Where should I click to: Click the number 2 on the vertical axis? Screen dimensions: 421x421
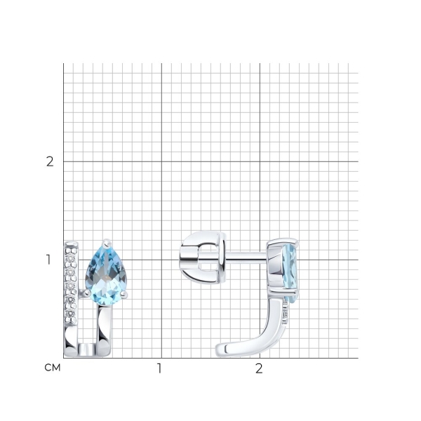50,161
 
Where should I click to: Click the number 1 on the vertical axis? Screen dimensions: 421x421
48,260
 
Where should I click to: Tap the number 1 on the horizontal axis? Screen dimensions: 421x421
159,368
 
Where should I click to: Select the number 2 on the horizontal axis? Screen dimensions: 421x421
259,368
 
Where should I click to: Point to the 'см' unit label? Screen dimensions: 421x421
53,368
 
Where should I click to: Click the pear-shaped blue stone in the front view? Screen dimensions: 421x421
106,272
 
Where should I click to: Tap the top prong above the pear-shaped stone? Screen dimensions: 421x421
107,243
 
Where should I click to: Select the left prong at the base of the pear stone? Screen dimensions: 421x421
86,293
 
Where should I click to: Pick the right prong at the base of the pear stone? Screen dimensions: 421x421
124,295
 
